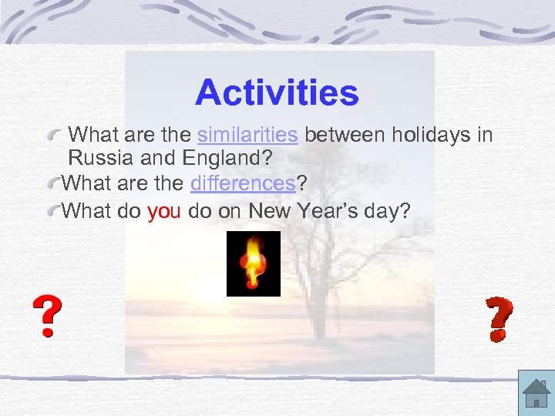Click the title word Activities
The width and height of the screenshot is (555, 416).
[277, 93]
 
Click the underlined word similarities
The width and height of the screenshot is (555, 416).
[247, 136]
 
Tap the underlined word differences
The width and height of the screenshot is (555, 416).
[242, 184]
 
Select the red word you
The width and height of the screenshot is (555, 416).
[163, 210]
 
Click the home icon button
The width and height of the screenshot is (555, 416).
[535, 394]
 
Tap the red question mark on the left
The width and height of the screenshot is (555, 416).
[47, 317]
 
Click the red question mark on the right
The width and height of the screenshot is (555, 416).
[499, 320]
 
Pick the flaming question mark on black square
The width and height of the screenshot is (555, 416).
[253, 263]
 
